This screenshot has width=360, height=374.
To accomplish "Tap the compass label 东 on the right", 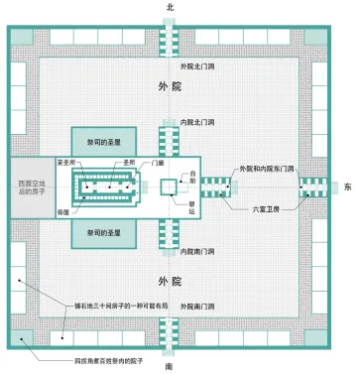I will [348, 186].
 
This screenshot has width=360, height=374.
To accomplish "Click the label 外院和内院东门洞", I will [269, 170].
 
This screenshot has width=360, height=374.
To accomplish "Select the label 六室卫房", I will [268, 210].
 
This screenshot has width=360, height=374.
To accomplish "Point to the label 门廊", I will [158, 164].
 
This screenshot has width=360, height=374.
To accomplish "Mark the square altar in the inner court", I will [168, 186].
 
